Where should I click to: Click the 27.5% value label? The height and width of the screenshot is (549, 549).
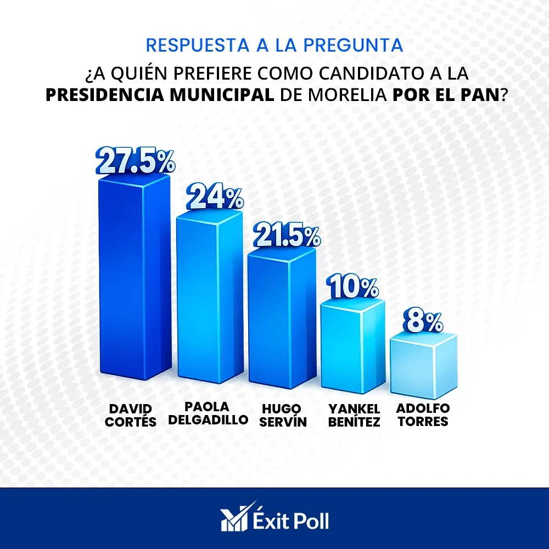135,160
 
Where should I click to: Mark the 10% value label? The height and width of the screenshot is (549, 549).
352,287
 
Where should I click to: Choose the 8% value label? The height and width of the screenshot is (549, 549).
423,322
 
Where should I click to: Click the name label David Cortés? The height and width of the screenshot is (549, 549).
132,415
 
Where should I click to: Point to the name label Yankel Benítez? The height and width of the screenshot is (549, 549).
354,415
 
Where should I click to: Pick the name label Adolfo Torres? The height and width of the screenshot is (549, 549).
423,415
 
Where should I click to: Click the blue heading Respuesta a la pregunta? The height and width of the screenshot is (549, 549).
274,45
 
